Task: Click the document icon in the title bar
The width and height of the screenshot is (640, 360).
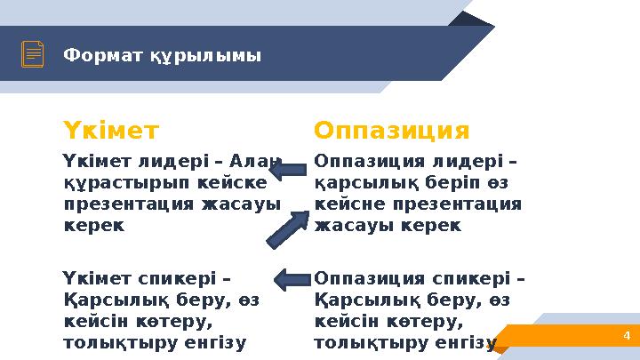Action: pyautogui.click(x=33, y=55)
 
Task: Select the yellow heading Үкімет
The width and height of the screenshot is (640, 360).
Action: pyautogui.click(x=110, y=132)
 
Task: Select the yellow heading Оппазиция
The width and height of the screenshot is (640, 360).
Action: pyautogui.click(x=392, y=132)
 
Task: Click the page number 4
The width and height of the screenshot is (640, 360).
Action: pyautogui.click(x=627, y=335)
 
